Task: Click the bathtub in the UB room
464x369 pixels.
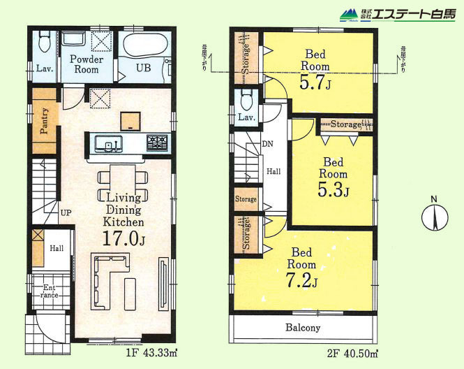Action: tap(145, 47)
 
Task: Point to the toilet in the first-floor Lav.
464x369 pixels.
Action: tap(43, 45)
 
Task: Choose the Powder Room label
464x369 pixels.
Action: tap(87, 65)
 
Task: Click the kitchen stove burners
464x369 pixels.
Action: tap(156, 143)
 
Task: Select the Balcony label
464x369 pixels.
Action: tap(302, 327)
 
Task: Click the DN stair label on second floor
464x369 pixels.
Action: tap(267, 145)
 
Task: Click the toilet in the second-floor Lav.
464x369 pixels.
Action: tap(246, 100)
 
